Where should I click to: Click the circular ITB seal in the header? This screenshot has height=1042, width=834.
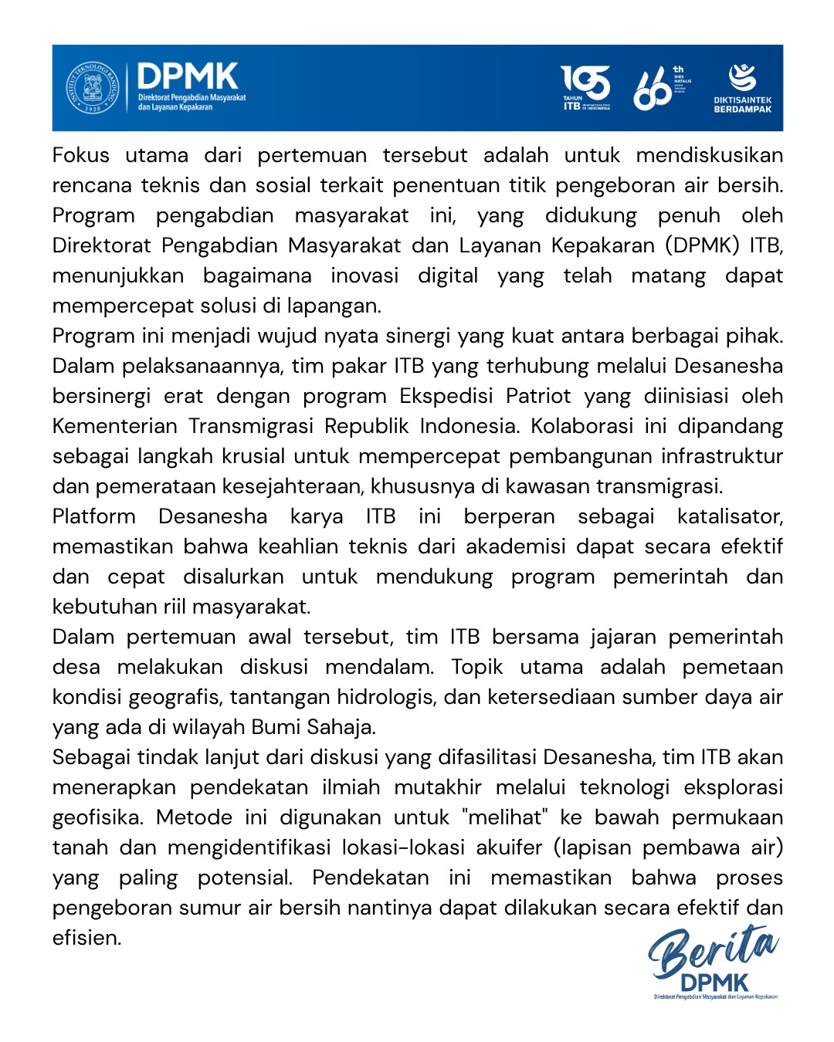pos(93,88)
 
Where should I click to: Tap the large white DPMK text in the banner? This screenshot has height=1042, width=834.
pos(188,76)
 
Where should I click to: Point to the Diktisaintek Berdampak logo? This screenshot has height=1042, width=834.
pos(742,88)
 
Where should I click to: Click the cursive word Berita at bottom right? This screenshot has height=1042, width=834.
pos(712,951)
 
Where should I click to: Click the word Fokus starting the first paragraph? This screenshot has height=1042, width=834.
pos(80,155)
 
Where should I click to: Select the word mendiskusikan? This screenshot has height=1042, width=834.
pos(709,155)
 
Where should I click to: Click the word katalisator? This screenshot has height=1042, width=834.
pos(730,516)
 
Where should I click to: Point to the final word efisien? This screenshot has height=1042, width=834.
pos(86,938)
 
